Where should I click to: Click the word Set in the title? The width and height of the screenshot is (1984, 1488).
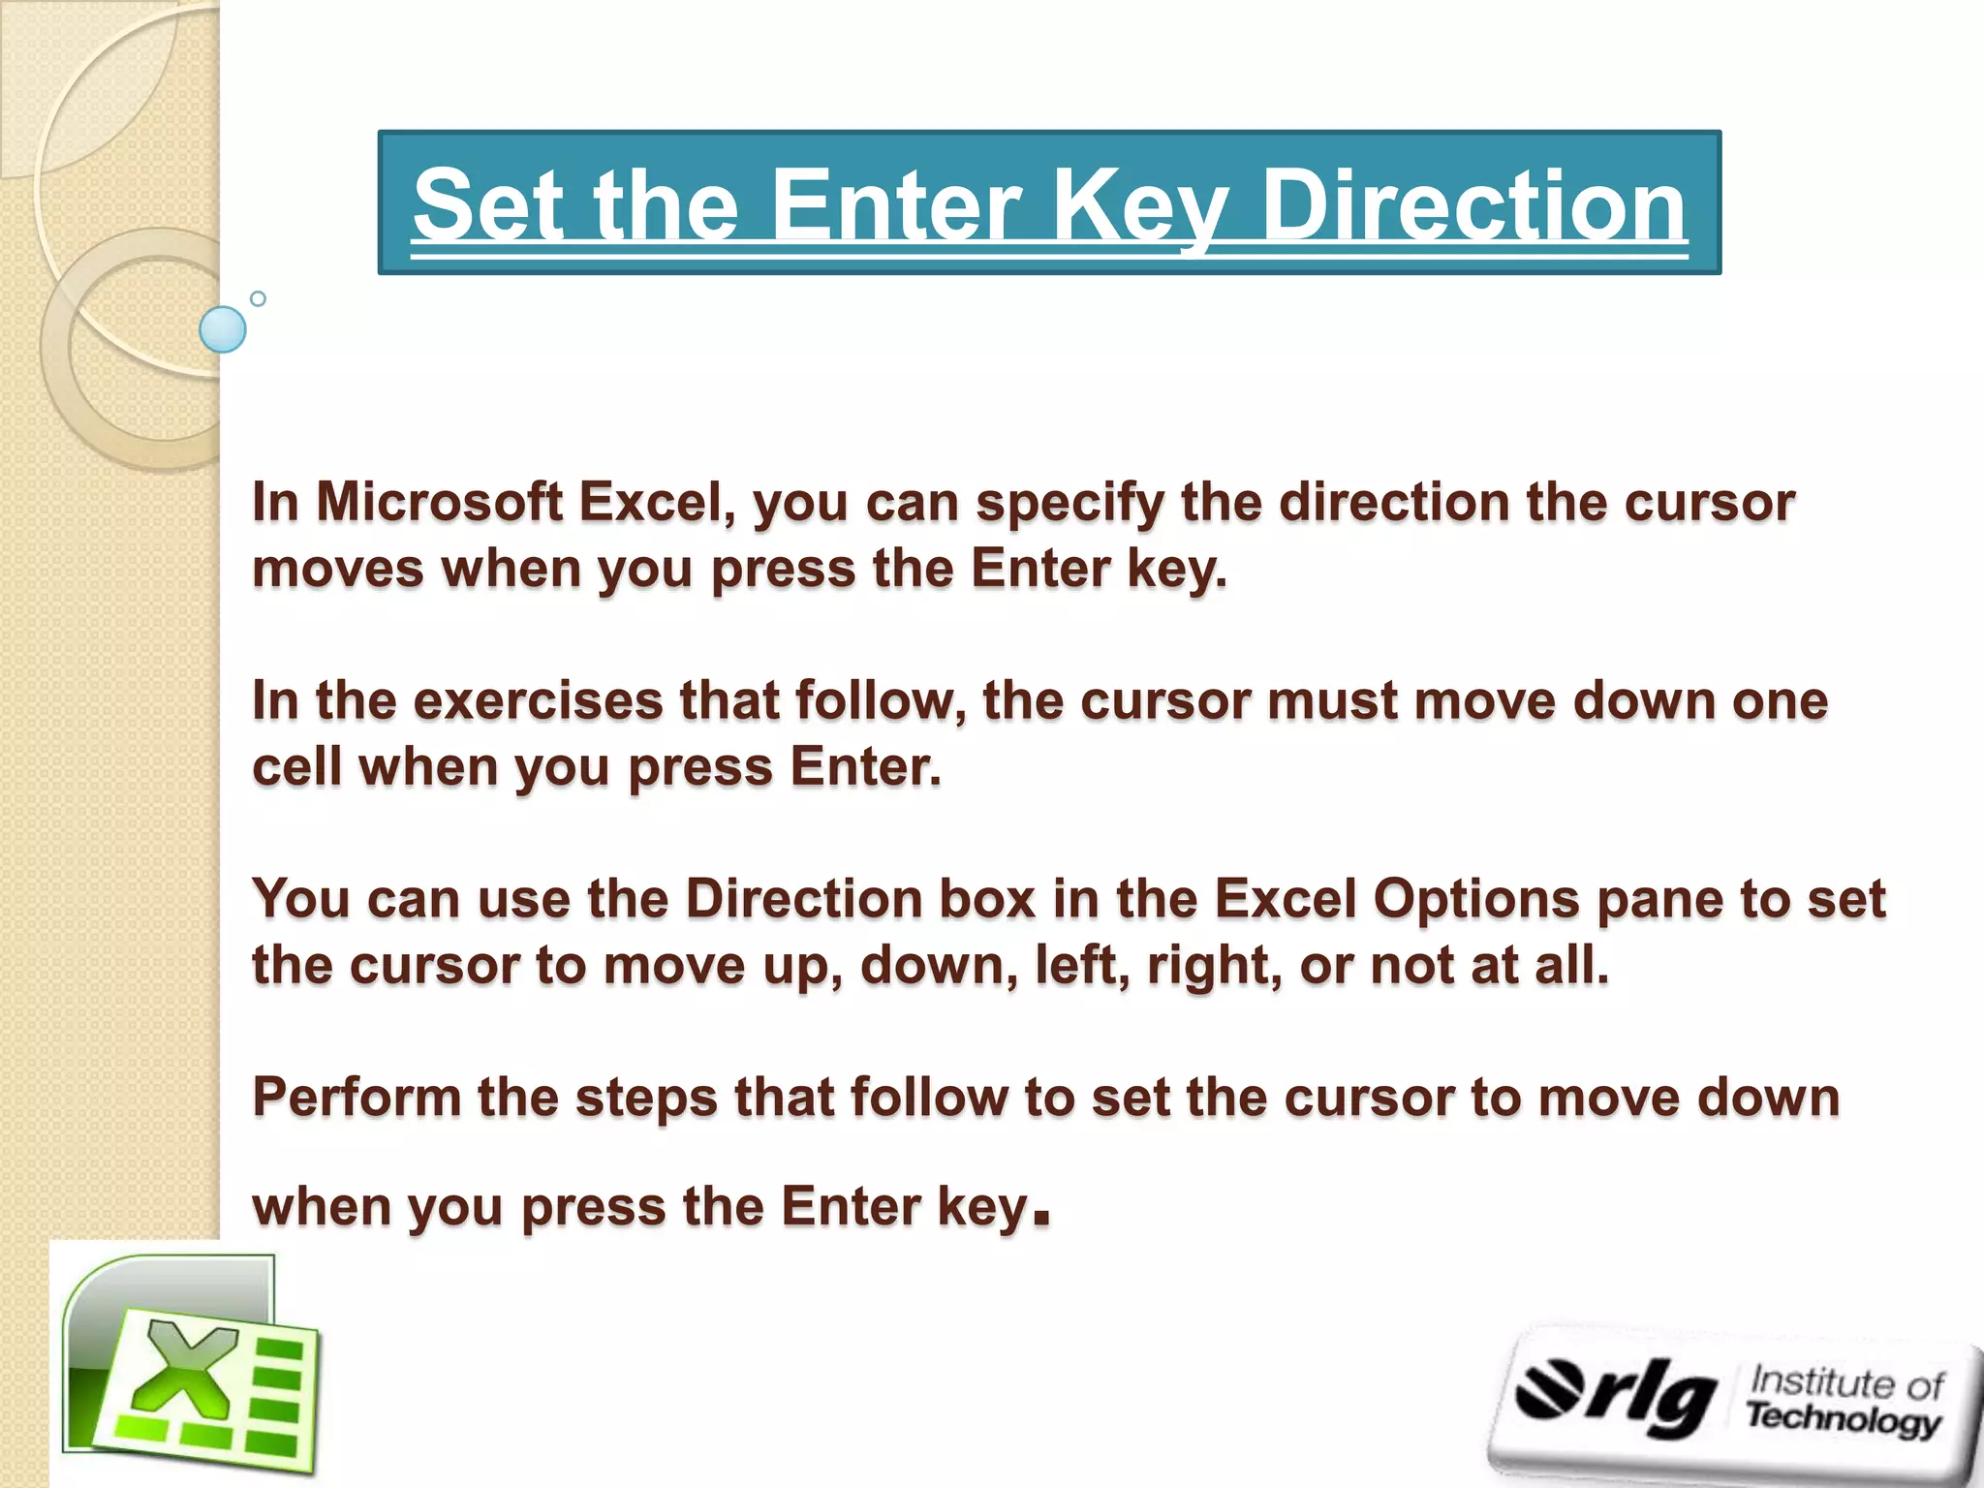pyautogui.click(x=486, y=205)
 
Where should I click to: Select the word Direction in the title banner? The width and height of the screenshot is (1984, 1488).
pyautogui.click(x=1474, y=205)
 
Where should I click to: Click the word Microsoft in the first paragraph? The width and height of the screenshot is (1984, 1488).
pyautogui.click(x=440, y=503)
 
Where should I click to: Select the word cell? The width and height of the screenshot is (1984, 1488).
pyautogui.click(x=296, y=766)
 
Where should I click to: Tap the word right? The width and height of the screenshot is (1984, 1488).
pyautogui.click(x=1215, y=967)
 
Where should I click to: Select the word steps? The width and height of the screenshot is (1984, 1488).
pyautogui.click(x=646, y=1099)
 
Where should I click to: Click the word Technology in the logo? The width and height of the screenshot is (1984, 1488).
pyautogui.click(x=1843, y=1418)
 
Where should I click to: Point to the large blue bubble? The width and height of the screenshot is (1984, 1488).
pyautogui.click(x=223, y=329)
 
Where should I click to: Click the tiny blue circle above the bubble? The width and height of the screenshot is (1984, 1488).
pyautogui.click(x=258, y=298)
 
